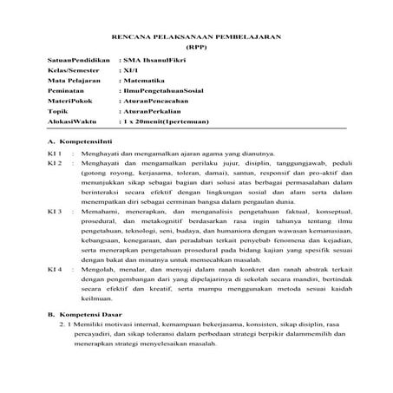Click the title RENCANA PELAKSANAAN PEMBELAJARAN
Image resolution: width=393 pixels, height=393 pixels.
pos(196,35)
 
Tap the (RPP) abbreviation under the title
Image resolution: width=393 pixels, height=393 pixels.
pos(196,45)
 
